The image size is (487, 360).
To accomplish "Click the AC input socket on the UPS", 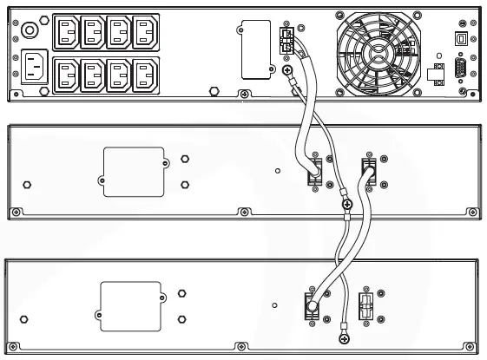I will (x=35, y=68).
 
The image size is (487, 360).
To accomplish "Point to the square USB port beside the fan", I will (x=459, y=38).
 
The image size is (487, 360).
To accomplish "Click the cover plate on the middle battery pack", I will (x=135, y=170).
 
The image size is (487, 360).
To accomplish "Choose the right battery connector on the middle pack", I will (x=368, y=170).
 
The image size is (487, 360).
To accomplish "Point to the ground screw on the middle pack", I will (x=347, y=206).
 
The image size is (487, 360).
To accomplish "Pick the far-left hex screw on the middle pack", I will (x=27, y=185).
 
